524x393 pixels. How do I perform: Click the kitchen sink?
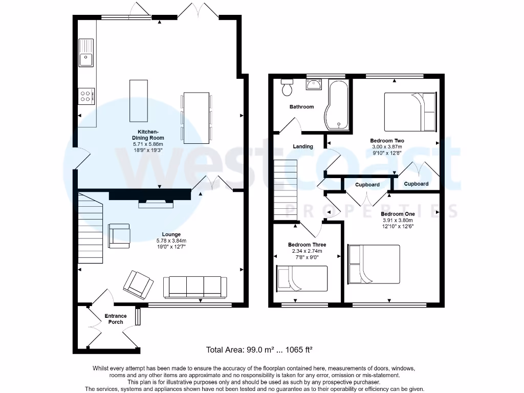[x=86, y=53]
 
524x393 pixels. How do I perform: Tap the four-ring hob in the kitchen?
[x=86, y=96]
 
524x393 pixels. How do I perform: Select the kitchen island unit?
[x=139, y=101]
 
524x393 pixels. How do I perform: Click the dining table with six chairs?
[x=196, y=118]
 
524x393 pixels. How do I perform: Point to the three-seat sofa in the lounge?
[x=195, y=287]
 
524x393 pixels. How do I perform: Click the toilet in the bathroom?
[x=287, y=87]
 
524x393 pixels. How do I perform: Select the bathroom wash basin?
[x=314, y=84]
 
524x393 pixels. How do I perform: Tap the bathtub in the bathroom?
[x=337, y=104]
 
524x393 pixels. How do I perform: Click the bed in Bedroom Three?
[x=302, y=278]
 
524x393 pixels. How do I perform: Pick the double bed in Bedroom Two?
[x=410, y=112]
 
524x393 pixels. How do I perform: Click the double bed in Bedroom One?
[x=374, y=265]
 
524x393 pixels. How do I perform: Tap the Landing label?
[x=303, y=146]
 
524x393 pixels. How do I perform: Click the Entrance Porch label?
[x=116, y=319]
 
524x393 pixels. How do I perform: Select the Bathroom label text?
[x=302, y=106]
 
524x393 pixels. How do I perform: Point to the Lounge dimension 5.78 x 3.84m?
[x=171, y=241]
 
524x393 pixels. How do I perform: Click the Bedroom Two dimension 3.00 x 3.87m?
[x=387, y=147]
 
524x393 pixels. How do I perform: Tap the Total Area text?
[x=259, y=350]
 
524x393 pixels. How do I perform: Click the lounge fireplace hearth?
[x=156, y=205]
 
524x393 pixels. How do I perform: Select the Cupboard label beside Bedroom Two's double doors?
[x=416, y=184]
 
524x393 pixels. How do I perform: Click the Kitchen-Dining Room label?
[x=148, y=135]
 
